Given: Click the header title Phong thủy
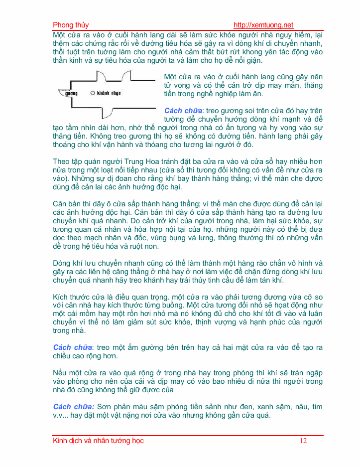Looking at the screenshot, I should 71,25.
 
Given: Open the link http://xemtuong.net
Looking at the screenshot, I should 263,25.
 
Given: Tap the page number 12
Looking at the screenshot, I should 304,441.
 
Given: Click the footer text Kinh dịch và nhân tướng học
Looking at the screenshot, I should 98,441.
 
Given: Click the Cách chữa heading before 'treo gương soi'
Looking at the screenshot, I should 183,110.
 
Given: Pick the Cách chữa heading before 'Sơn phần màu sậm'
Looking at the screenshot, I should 73,406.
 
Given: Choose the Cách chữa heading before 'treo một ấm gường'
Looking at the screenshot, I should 73,347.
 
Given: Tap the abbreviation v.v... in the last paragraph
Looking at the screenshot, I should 63,415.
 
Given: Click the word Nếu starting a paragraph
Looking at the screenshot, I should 60,372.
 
